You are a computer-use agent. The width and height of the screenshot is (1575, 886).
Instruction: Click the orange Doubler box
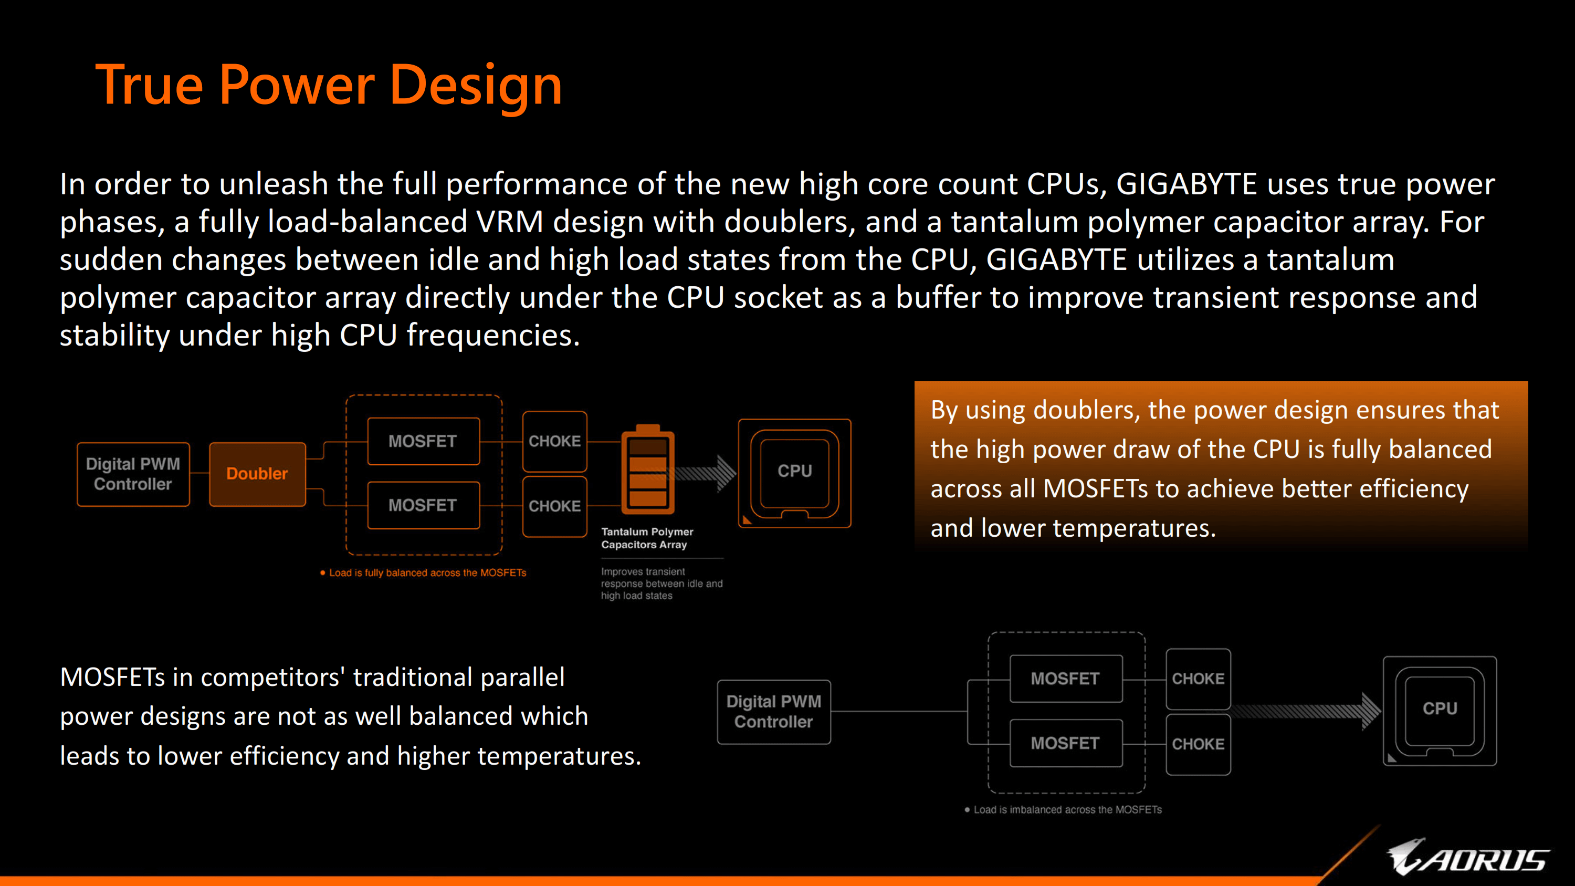click(x=257, y=474)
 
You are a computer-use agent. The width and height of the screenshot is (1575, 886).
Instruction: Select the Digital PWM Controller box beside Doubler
click(x=133, y=474)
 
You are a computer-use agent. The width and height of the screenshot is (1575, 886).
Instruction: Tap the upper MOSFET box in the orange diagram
click(x=423, y=441)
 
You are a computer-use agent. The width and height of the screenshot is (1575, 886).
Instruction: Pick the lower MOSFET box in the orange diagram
click(x=423, y=505)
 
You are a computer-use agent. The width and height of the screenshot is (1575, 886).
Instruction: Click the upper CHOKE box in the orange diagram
click(x=554, y=441)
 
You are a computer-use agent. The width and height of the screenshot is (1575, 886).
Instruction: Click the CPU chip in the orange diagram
click(x=795, y=473)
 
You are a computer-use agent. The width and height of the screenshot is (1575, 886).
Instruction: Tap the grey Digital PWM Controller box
click(x=773, y=712)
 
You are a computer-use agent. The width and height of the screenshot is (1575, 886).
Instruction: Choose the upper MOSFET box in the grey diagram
click(x=1066, y=679)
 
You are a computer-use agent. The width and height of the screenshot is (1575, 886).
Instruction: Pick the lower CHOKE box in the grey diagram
click(x=1199, y=744)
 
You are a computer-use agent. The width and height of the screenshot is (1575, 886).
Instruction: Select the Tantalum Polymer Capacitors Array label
click(x=647, y=538)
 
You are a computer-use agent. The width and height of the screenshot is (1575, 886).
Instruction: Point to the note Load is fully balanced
click(x=423, y=573)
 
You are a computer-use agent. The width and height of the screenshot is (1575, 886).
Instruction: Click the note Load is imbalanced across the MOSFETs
click(x=1063, y=809)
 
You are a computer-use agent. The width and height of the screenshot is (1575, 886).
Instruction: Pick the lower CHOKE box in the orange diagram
click(x=554, y=506)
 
